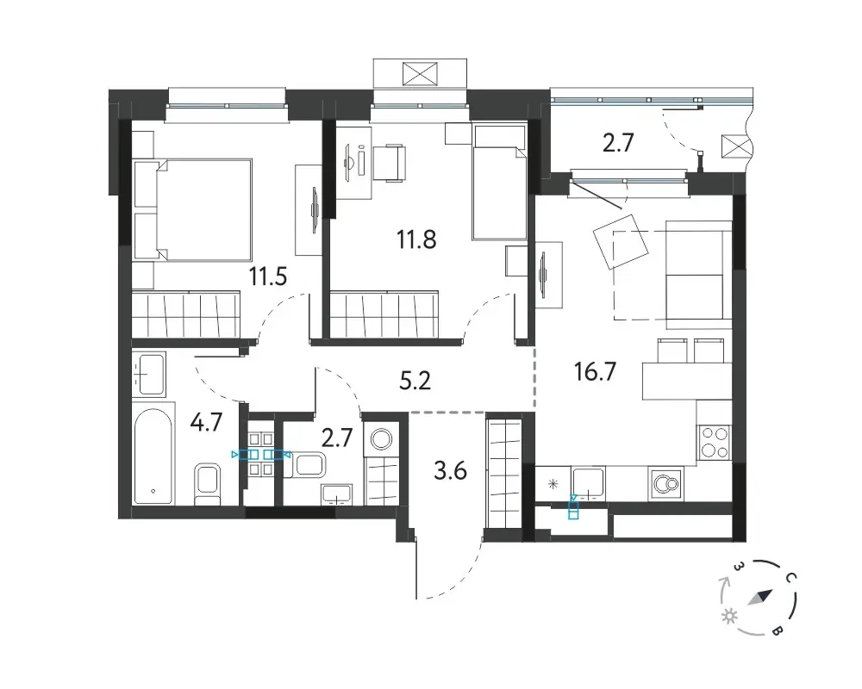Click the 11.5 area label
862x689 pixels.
point(268,276)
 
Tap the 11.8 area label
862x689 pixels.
point(416,239)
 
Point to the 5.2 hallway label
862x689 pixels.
point(415,380)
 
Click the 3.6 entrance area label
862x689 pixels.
point(450,471)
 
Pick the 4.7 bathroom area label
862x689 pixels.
point(206,423)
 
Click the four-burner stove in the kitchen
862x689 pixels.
point(714,443)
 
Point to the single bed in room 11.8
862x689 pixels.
point(498,183)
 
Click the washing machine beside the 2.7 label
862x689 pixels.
point(380,439)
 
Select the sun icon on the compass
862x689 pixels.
point(729,617)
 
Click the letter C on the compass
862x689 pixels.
point(790,577)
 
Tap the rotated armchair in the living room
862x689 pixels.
point(620,241)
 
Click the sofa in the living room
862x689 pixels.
point(699,270)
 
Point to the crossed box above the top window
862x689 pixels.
point(420,73)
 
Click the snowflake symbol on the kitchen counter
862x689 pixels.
point(553,484)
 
